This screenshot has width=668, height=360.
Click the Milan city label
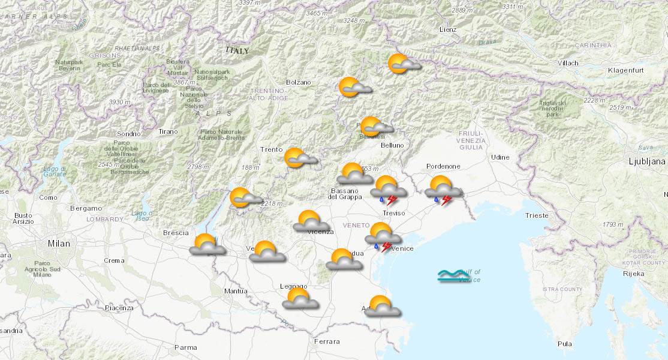pyautogui.click(x=59, y=244)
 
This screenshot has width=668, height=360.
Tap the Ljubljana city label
pyautogui.click(x=647, y=161)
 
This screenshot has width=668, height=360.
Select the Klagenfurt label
pyautogui.click(x=625, y=70)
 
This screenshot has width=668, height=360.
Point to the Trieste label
pyautogui.click(x=536, y=215)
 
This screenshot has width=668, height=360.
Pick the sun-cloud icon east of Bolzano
pyautogui.click(x=355, y=88)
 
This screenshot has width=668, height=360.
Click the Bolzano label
pyautogui.click(x=299, y=82)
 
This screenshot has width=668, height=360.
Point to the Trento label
pyautogui.click(x=271, y=149)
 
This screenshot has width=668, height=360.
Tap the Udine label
pyautogui.click(x=500, y=157)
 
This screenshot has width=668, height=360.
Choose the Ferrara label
pyautogui.click(x=326, y=341)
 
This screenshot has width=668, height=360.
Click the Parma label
pyautogui.click(x=185, y=347)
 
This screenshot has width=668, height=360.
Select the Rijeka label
pyautogui.click(x=633, y=274)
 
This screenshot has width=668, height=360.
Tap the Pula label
pyautogui.click(x=564, y=344)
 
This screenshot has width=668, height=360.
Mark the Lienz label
pyautogui.click(x=447, y=29)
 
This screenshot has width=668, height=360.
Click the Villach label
pyautogui.click(x=567, y=63)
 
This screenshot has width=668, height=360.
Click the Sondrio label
pyautogui.click(x=129, y=134)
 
